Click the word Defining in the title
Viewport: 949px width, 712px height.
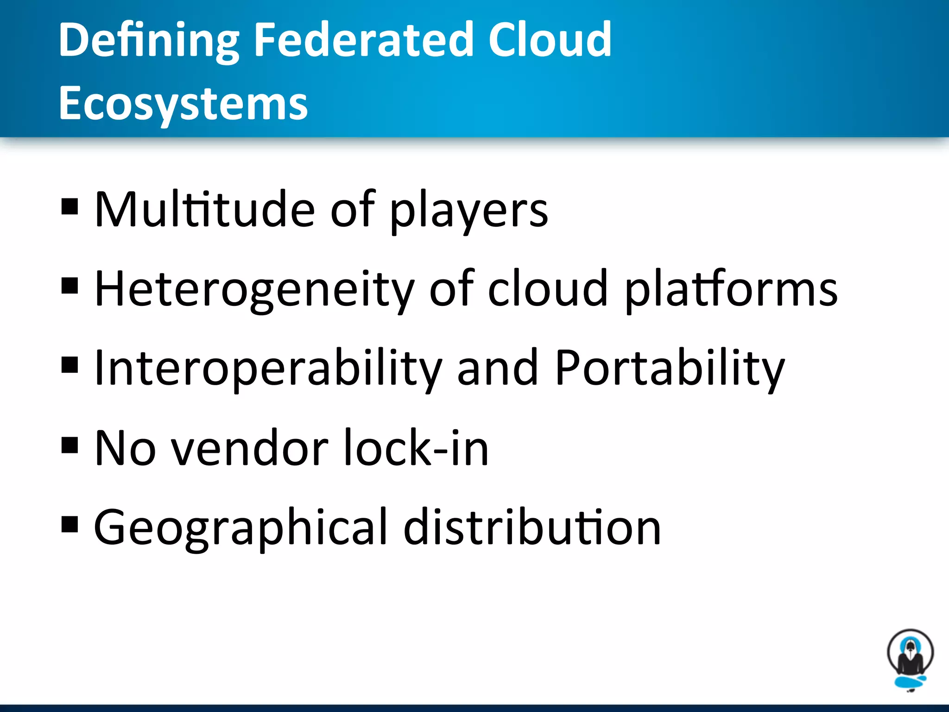pos(149,42)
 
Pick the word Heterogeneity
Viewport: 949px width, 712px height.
pos(254,290)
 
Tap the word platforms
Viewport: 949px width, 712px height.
pos(731,290)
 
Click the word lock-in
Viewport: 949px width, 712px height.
pos(417,448)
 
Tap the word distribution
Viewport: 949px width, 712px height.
pos(532,528)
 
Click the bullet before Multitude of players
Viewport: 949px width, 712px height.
pos(70,207)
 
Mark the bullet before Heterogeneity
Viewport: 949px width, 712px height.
pos(70,286)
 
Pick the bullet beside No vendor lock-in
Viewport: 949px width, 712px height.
pos(70,445)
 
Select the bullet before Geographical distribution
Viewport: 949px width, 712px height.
pos(70,524)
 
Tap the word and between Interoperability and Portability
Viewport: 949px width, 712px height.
pos(497,369)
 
